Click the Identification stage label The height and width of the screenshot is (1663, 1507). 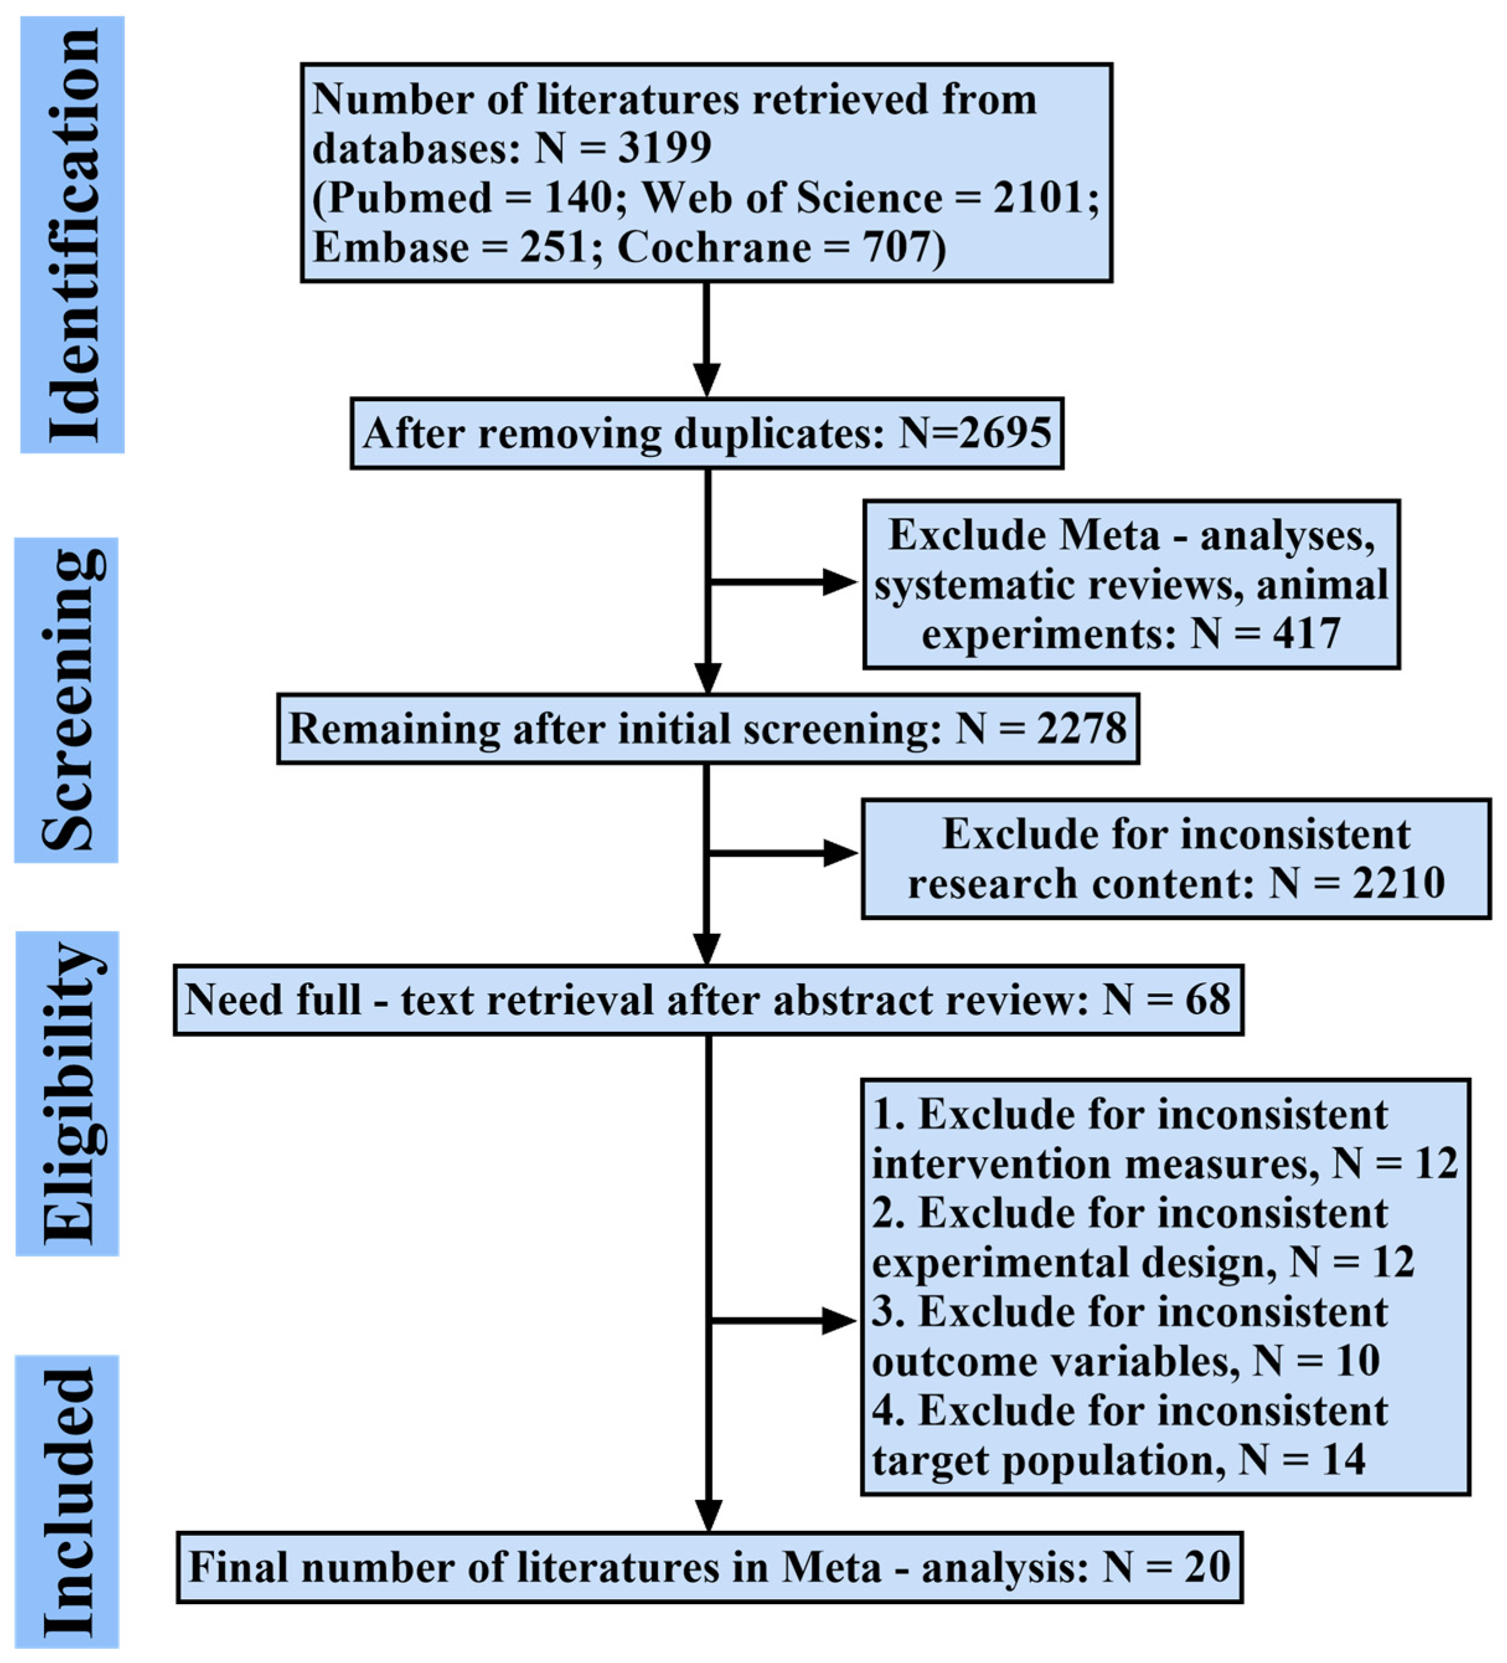click(x=73, y=234)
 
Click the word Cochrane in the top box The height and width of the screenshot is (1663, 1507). click(x=714, y=247)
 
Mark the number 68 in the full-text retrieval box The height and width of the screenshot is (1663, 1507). click(x=1208, y=1000)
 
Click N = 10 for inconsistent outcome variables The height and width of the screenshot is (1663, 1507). click(x=1315, y=1361)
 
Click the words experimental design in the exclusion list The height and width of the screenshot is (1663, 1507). click(x=1072, y=1263)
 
